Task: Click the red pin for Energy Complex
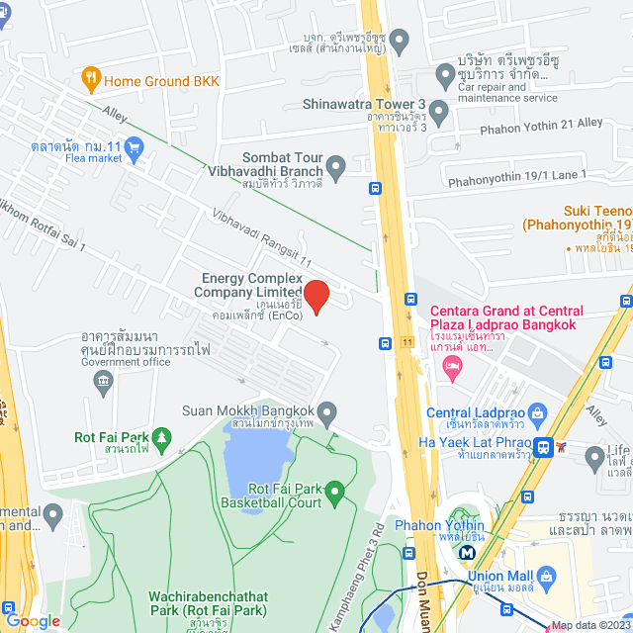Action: [315, 296]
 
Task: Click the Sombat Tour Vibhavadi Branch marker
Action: [336, 165]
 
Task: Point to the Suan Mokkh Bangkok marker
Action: [328, 411]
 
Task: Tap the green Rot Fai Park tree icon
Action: [161, 437]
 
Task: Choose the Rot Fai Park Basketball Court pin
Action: [334, 490]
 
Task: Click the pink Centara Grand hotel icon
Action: [450, 367]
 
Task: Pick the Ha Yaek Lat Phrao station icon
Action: [543, 448]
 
